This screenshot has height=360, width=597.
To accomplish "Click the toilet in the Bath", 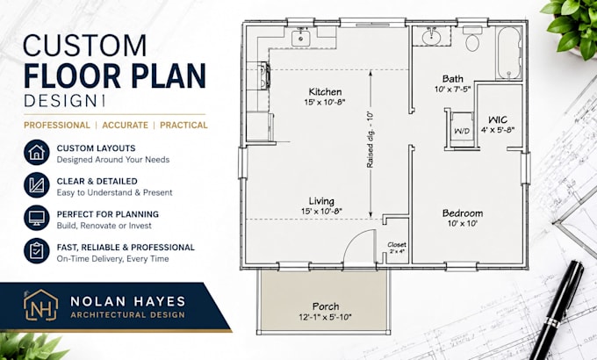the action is [472, 40].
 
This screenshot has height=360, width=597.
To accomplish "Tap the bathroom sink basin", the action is [431, 37].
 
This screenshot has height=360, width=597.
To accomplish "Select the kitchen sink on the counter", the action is [301, 38].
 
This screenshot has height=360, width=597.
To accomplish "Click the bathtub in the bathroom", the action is [508, 53].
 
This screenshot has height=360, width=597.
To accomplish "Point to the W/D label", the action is [462, 131].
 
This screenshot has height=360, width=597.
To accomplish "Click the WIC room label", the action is [498, 119].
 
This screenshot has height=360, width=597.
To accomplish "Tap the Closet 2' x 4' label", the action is [397, 248].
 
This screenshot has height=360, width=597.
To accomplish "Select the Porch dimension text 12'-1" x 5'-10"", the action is [325, 317].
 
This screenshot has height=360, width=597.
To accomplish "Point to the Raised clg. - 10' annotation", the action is [370, 140].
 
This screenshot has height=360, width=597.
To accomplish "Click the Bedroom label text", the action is [463, 213].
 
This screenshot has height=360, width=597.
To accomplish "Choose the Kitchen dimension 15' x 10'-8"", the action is [325, 102].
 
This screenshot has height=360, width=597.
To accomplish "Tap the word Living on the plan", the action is [321, 201].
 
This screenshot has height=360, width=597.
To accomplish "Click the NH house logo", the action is [40, 305].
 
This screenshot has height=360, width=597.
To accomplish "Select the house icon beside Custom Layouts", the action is [37, 153].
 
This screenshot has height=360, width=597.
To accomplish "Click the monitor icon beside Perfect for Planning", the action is [37, 218].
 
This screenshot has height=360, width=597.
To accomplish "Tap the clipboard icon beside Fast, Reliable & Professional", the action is [37, 250].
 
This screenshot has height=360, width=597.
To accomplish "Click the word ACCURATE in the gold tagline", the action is [126, 126].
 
